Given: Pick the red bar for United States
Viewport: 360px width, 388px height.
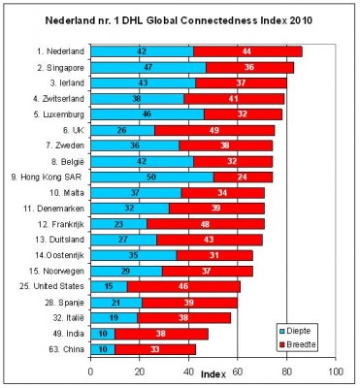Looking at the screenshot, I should point(183,287).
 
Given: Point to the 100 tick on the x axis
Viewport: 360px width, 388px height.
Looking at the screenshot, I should point(336,370).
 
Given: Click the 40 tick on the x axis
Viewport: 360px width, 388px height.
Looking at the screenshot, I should point(188,370).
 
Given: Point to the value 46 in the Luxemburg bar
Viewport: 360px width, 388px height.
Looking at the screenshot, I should point(147,114).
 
